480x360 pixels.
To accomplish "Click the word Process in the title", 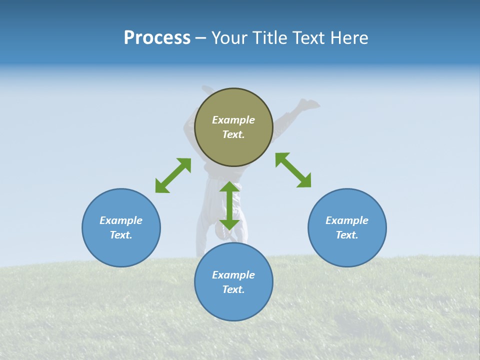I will coord(157,38).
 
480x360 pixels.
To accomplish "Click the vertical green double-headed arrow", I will coord(229,205).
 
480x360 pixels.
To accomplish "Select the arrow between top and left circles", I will coord(173,175).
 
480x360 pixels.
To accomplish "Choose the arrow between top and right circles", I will coord(293,170).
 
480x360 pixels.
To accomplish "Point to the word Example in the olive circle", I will coord(233,120).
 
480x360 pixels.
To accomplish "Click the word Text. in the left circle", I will coord(121,235).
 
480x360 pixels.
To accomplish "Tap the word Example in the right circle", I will coord(347,220).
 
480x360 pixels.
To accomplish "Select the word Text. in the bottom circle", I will coord(233,289).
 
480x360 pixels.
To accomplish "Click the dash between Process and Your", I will coord(200,38).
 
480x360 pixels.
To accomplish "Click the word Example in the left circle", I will coord(121,220).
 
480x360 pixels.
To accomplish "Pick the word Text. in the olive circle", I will coord(233,134).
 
